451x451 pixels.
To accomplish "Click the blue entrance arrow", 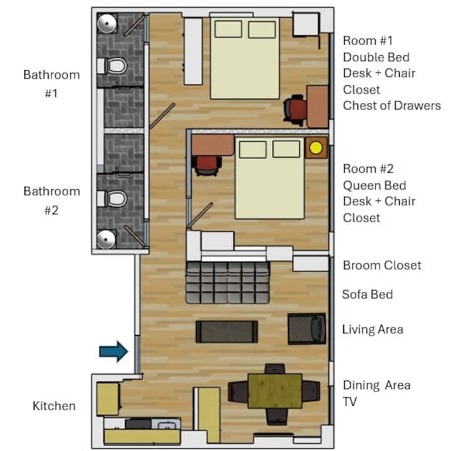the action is click(x=114, y=351).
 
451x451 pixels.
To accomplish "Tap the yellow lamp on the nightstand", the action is click(x=316, y=148).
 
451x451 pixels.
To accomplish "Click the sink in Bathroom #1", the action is click(x=106, y=23).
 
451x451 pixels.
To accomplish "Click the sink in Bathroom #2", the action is click(x=106, y=239).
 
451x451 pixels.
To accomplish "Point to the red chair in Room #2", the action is click(x=207, y=165).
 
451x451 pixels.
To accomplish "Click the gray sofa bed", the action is click(x=228, y=283).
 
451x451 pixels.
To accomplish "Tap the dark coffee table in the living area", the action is click(x=227, y=331).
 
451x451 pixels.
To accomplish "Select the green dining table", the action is click(x=275, y=391).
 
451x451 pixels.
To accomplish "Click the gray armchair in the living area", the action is click(x=307, y=329).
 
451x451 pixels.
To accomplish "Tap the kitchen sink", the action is click(x=166, y=424).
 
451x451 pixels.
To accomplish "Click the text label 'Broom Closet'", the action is click(x=382, y=266).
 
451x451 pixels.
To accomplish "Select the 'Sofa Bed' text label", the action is click(x=367, y=294).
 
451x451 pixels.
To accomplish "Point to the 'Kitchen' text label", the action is click(x=54, y=406).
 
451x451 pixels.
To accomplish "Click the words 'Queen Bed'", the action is click(x=374, y=185).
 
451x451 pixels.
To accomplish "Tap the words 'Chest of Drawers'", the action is click(x=391, y=106).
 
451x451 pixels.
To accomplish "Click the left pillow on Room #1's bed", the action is click(x=228, y=29).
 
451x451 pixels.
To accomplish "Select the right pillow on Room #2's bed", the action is click(x=286, y=149).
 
